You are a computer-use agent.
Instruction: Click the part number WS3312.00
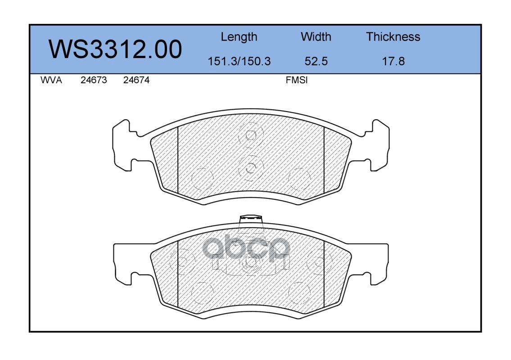115,49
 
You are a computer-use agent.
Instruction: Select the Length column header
239,37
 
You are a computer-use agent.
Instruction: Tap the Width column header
316,36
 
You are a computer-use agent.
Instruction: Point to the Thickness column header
393,36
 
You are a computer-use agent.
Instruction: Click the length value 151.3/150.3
239,61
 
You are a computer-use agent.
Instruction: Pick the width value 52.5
316,61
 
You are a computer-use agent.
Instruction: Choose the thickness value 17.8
393,61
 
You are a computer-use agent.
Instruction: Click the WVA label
51,80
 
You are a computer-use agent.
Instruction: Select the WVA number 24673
94,80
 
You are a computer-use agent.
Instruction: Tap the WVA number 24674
136,80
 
